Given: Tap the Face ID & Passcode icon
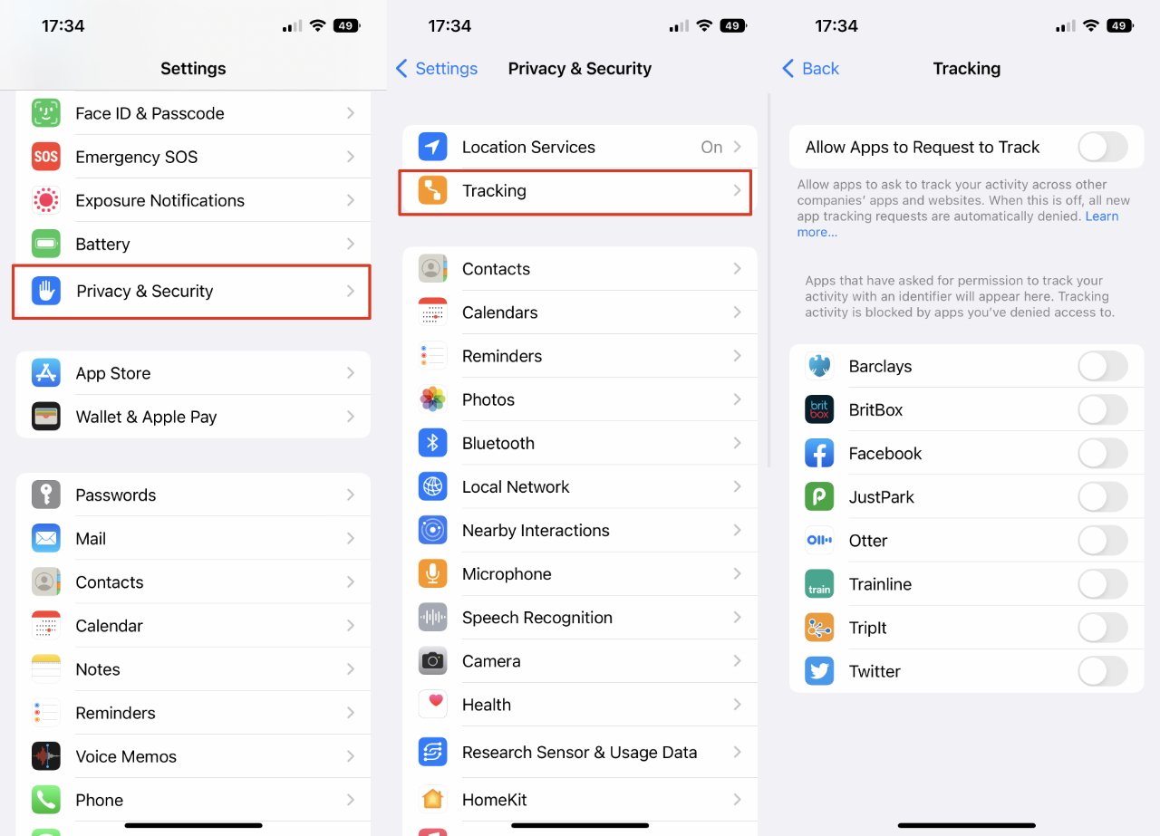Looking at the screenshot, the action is (x=45, y=113).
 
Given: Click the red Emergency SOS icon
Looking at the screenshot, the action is (x=45, y=157).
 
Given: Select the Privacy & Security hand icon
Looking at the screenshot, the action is (x=45, y=291).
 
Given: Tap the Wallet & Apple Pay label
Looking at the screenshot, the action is (x=146, y=417).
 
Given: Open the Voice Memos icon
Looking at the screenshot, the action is (x=45, y=756).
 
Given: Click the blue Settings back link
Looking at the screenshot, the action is (x=437, y=68).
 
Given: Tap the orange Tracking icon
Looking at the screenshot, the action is (x=432, y=190).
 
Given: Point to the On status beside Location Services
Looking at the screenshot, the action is (x=711, y=147).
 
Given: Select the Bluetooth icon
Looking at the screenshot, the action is (x=432, y=443).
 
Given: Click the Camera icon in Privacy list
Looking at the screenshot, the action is (x=432, y=661).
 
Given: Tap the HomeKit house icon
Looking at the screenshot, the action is (x=432, y=800).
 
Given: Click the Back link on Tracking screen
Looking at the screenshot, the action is (x=810, y=68).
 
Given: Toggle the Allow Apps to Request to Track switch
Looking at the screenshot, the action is (x=1103, y=147).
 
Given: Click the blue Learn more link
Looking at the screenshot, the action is (x=958, y=224).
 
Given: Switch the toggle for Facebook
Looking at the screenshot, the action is (x=1103, y=454).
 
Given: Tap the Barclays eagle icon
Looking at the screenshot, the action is (x=819, y=366).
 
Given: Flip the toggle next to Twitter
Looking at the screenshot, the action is (x=1103, y=671).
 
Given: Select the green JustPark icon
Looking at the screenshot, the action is (x=819, y=497).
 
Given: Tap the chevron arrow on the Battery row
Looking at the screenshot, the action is (x=351, y=244).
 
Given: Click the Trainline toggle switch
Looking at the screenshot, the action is (x=1103, y=584).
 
